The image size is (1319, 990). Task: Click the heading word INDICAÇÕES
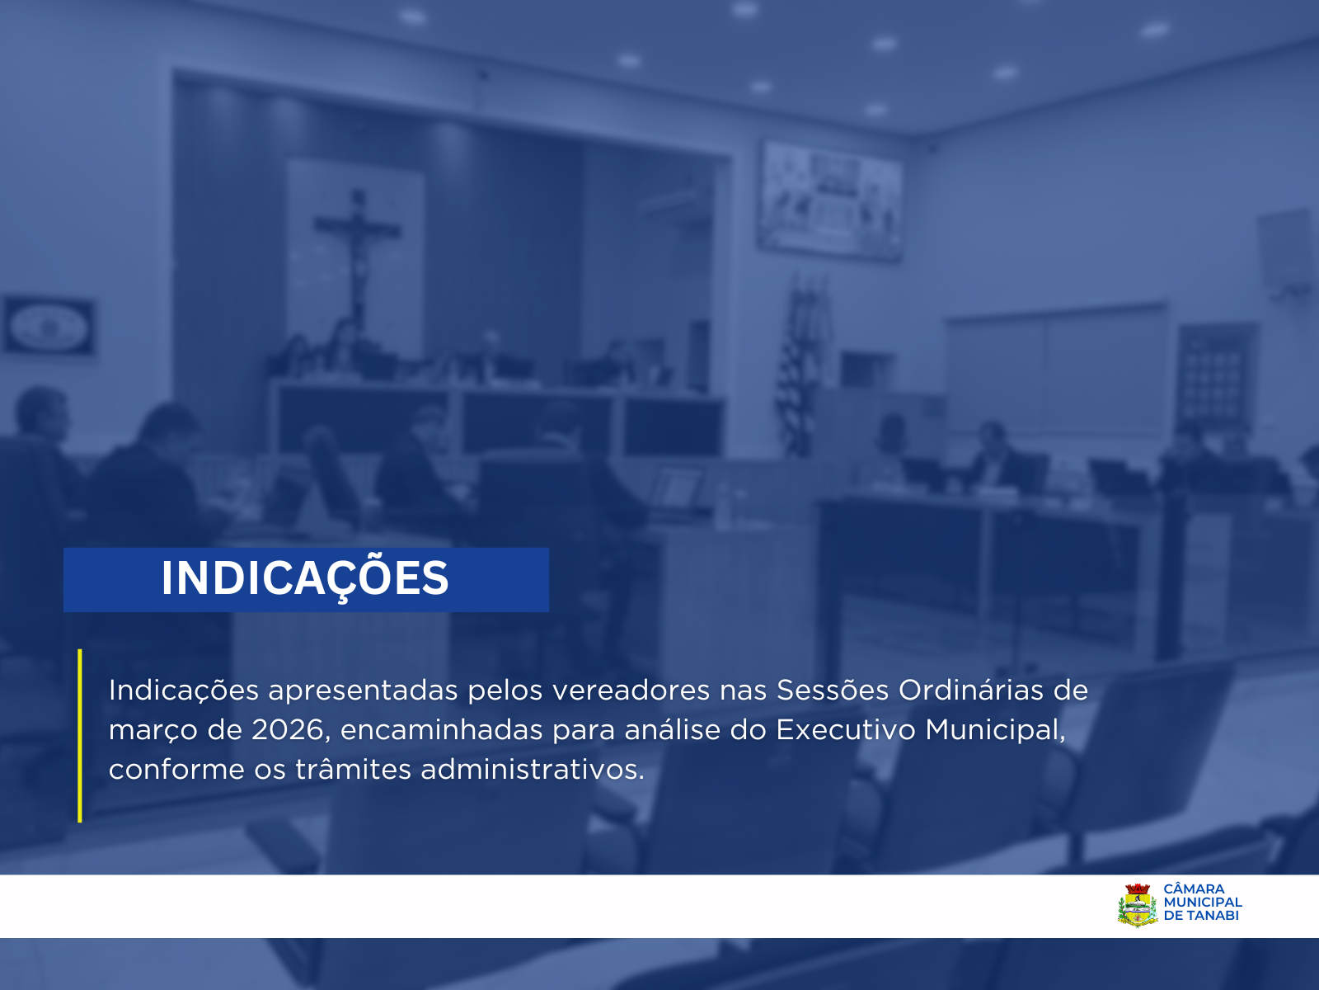click(305, 578)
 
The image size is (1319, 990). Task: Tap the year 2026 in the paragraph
click(287, 730)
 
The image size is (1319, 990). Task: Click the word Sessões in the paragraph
click(833, 690)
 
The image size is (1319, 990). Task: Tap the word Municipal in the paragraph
click(994, 730)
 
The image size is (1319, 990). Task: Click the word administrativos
click(532, 770)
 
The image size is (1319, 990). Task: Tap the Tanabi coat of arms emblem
click(1138, 905)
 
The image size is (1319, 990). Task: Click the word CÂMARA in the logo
click(1194, 889)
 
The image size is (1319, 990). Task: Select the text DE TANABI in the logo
click(1200, 916)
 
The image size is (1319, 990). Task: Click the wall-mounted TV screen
click(830, 200)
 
